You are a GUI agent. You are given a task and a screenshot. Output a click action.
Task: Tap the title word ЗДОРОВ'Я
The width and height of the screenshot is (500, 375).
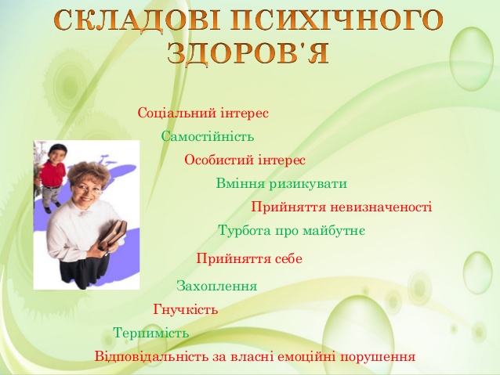(x=248, y=52)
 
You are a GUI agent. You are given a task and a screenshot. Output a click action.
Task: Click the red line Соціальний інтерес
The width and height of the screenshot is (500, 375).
(x=203, y=113)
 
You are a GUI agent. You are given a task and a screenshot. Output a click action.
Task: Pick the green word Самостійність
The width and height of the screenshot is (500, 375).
(x=208, y=137)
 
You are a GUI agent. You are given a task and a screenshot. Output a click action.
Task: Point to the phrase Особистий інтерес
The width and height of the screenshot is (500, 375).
(x=245, y=160)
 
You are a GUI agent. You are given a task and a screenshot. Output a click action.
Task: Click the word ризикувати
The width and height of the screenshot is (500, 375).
(x=308, y=184)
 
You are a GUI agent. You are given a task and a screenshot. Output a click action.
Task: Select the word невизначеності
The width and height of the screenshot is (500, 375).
(x=381, y=207)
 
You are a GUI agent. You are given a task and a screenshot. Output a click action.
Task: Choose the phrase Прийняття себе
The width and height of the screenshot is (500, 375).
(x=249, y=258)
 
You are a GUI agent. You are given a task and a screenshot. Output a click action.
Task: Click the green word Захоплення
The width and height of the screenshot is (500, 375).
(x=217, y=286)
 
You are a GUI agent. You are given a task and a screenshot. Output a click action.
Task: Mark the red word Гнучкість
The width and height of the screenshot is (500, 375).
(x=186, y=309)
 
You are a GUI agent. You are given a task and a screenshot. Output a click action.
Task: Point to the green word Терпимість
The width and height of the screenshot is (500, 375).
(x=151, y=333)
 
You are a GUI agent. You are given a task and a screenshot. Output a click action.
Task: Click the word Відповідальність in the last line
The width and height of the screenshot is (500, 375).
(x=152, y=356)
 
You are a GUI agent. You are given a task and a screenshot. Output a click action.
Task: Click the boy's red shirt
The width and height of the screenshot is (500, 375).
(x=53, y=173)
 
